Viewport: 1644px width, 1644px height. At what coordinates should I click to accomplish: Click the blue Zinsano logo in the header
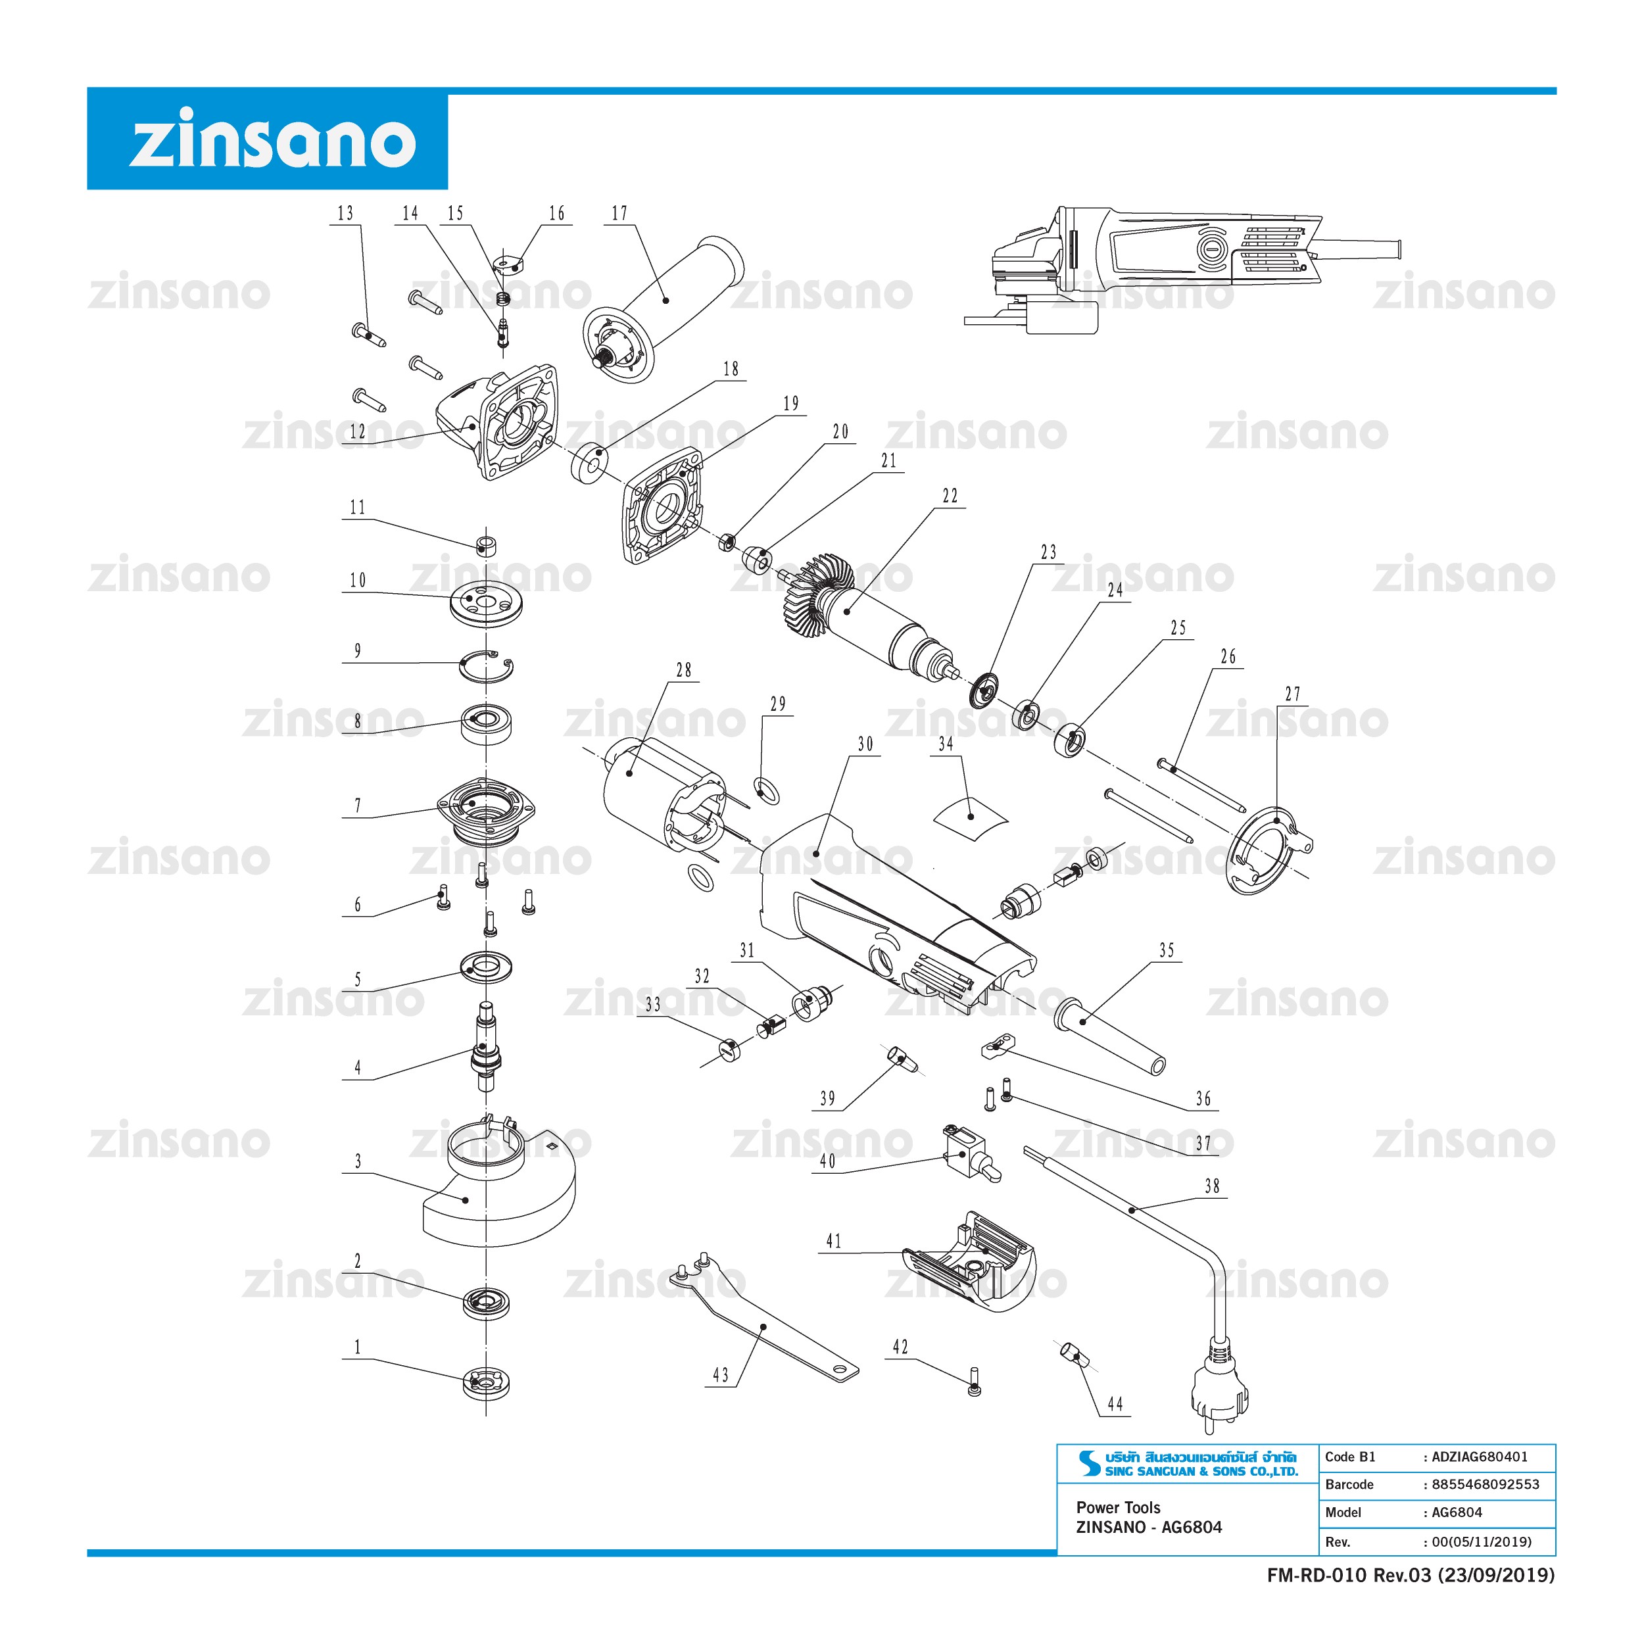[x=267, y=138]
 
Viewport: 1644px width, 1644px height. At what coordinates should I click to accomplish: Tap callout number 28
[x=684, y=671]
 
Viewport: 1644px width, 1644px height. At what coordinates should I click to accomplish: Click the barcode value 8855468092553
[x=1485, y=1485]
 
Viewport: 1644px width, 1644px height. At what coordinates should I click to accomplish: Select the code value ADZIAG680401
[x=1480, y=1457]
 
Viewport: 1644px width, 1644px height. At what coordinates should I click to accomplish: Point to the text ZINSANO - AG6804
[x=1149, y=1528]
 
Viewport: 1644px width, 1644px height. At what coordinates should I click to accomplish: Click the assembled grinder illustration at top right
[x=1183, y=269]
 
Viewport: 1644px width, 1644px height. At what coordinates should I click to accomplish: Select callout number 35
[x=1167, y=950]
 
